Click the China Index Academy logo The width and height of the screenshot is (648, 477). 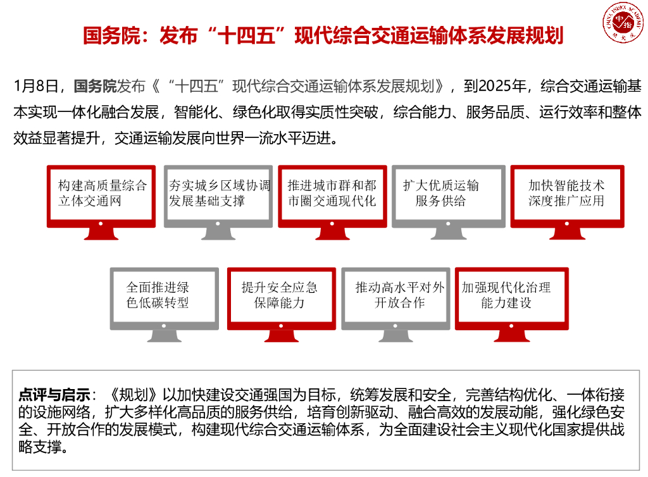click(621, 23)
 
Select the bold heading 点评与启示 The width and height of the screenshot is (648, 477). click(54, 395)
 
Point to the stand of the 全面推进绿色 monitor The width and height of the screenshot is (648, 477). click(164, 336)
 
